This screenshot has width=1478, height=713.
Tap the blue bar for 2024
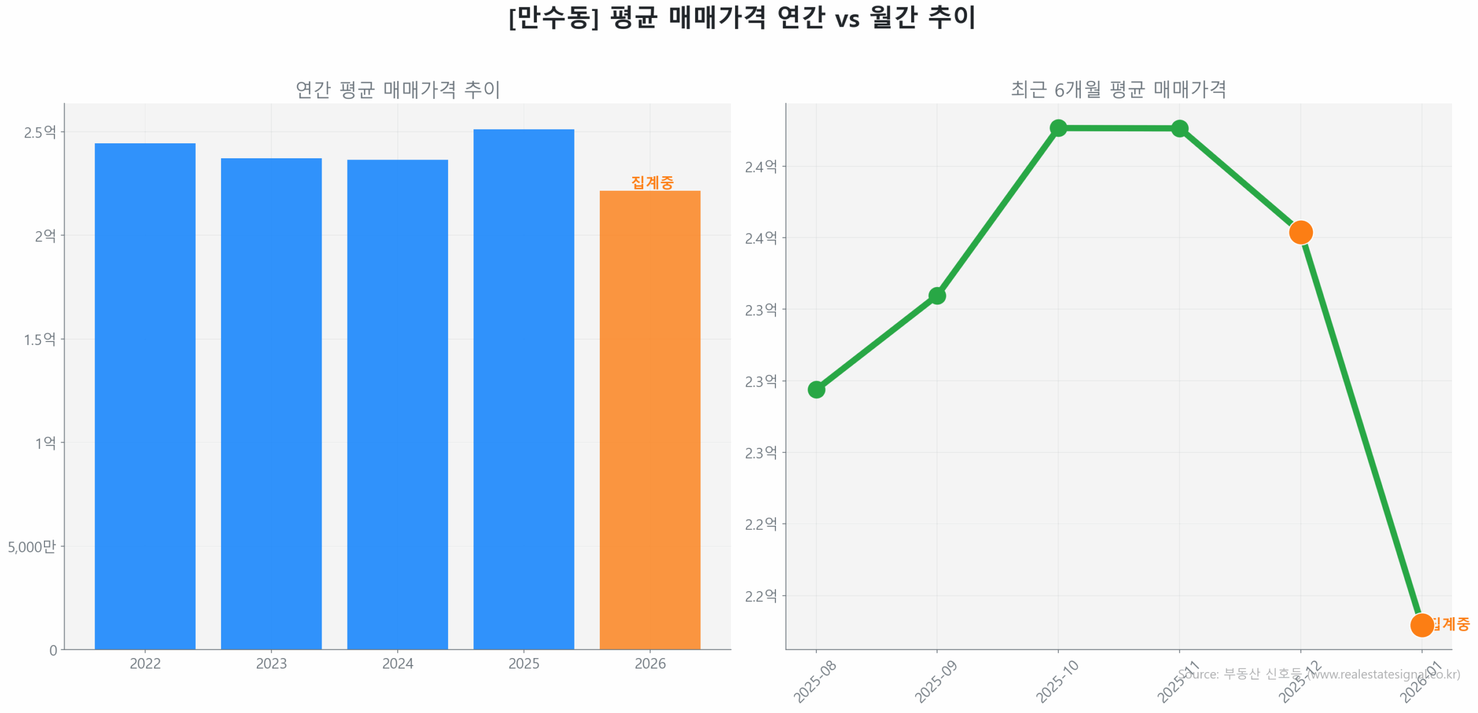tap(397, 404)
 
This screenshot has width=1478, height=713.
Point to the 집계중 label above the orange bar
tap(652, 183)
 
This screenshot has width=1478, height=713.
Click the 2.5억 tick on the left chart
tap(40, 132)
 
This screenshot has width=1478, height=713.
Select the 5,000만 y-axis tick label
tap(32, 546)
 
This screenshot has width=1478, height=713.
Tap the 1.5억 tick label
tap(40, 339)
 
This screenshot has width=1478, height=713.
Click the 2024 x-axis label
tap(397, 663)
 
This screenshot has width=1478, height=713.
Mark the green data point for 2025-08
tap(816, 389)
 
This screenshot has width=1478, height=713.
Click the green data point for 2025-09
tap(936, 296)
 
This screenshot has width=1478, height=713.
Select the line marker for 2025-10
tap(1058, 128)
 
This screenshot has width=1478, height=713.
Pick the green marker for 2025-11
tap(1179, 128)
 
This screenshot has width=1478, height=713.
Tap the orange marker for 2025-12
tap(1300, 232)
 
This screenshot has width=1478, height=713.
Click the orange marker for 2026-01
tap(1421, 625)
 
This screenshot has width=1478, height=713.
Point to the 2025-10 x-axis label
tap(1057, 682)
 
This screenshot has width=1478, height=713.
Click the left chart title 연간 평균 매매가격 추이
tap(397, 90)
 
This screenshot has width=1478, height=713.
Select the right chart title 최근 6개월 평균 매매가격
tap(1118, 90)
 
